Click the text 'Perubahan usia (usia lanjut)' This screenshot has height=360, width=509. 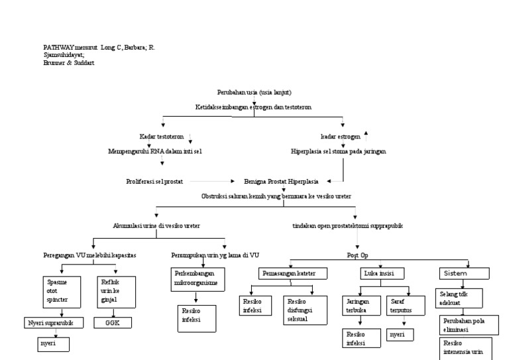(254, 91)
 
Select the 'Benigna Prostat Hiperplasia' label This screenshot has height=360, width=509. (281, 181)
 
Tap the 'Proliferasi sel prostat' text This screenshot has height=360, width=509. (154, 181)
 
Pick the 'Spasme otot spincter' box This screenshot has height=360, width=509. (54, 291)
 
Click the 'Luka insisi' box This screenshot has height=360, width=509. (382, 273)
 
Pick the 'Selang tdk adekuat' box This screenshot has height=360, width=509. (461, 297)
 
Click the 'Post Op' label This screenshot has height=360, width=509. (358, 255)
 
